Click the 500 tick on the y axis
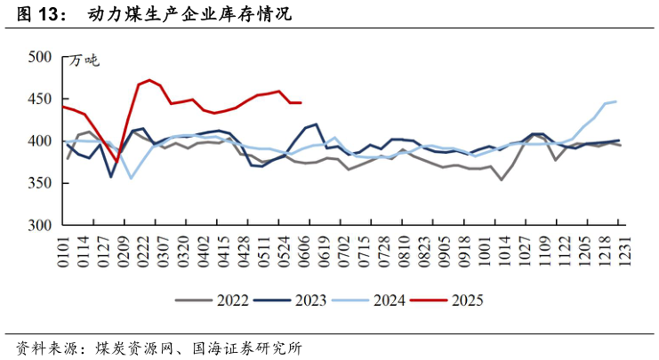(x=40, y=57)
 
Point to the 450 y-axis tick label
(x=40, y=100)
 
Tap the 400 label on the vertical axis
(x=40, y=141)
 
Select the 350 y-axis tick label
(x=40, y=184)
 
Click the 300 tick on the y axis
(x=40, y=226)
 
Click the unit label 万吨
(x=84, y=60)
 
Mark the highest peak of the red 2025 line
(x=149, y=80)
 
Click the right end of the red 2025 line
(x=301, y=103)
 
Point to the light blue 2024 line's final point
(x=615, y=101)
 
